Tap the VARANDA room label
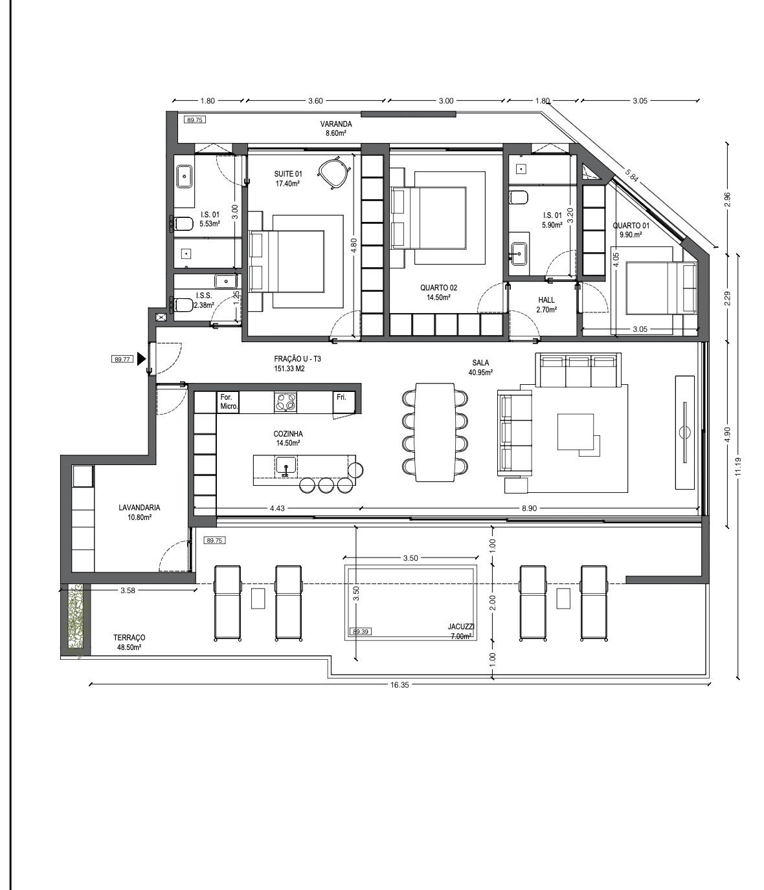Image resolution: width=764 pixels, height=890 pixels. pos(335,124)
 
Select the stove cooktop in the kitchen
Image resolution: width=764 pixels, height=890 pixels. pos(286,402)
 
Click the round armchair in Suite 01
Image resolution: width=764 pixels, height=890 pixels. pos(333,173)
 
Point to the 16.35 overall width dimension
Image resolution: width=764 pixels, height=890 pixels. pos(399,685)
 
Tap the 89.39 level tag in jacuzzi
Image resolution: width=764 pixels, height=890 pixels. pos(360,632)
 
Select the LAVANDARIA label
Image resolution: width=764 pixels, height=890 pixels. pos(139,508)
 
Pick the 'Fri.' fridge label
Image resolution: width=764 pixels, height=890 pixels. pos(341,397)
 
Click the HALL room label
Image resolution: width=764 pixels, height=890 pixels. pos(546,299)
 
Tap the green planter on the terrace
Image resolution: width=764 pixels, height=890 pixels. pos(79,620)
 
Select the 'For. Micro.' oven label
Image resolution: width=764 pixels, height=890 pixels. pos(229,402)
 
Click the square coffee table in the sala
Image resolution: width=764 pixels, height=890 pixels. pos(575,432)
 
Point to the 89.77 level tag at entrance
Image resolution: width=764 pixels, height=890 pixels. pos(122,359)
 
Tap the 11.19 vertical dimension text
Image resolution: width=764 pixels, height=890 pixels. pos(739,467)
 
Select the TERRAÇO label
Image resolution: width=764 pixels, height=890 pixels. pos(129,638)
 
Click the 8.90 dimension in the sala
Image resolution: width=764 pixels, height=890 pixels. pos(529,508)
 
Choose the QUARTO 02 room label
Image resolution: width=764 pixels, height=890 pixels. pos(439,288)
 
